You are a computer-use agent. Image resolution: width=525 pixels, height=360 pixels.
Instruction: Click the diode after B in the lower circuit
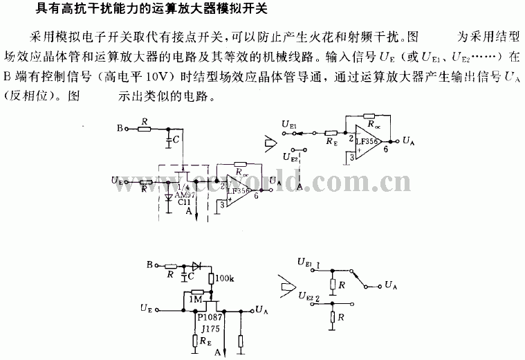(x=197, y=265)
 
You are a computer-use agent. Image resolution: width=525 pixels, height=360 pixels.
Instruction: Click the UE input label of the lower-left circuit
(x=145, y=307)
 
